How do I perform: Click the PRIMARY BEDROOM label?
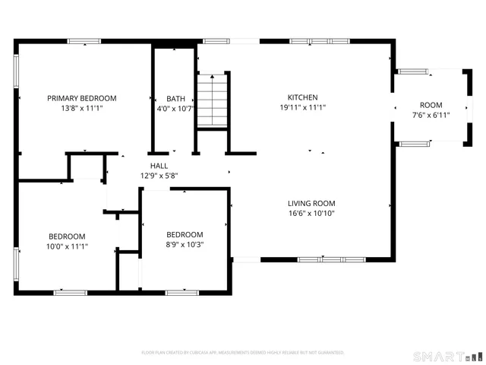pyautogui.click(x=82, y=98)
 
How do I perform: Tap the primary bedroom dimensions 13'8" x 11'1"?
pyautogui.click(x=82, y=109)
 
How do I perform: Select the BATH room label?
pyautogui.click(x=175, y=98)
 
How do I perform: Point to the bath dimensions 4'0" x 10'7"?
pyautogui.click(x=175, y=109)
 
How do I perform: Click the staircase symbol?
pyautogui.click(x=213, y=100)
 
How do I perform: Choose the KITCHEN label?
pyautogui.click(x=302, y=97)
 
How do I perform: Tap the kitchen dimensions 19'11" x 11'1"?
pyautogui.click(x=302, y=108)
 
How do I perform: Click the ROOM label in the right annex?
pyautogui.click(x=431, y=105)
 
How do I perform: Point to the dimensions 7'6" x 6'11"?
pyautogui.click(x=431, y=116)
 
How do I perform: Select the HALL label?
pyautogui.click(x=159, y=165)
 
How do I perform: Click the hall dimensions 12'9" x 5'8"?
pyautogui.click(x=159, y=176)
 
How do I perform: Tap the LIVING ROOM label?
pyautogui.click(x=311, y=203)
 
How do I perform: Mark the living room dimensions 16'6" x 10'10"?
pyautogui.click(x=311, y=214)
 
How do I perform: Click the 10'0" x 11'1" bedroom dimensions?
pyautogui.click(x=67, y=246)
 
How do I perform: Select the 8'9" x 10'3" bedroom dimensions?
pyautogui.click(x=185, y=245)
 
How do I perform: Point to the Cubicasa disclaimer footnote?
pyautogui.click(x=243, y=353)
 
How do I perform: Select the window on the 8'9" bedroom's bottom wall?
pyautogui.click(x=182, y=292)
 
